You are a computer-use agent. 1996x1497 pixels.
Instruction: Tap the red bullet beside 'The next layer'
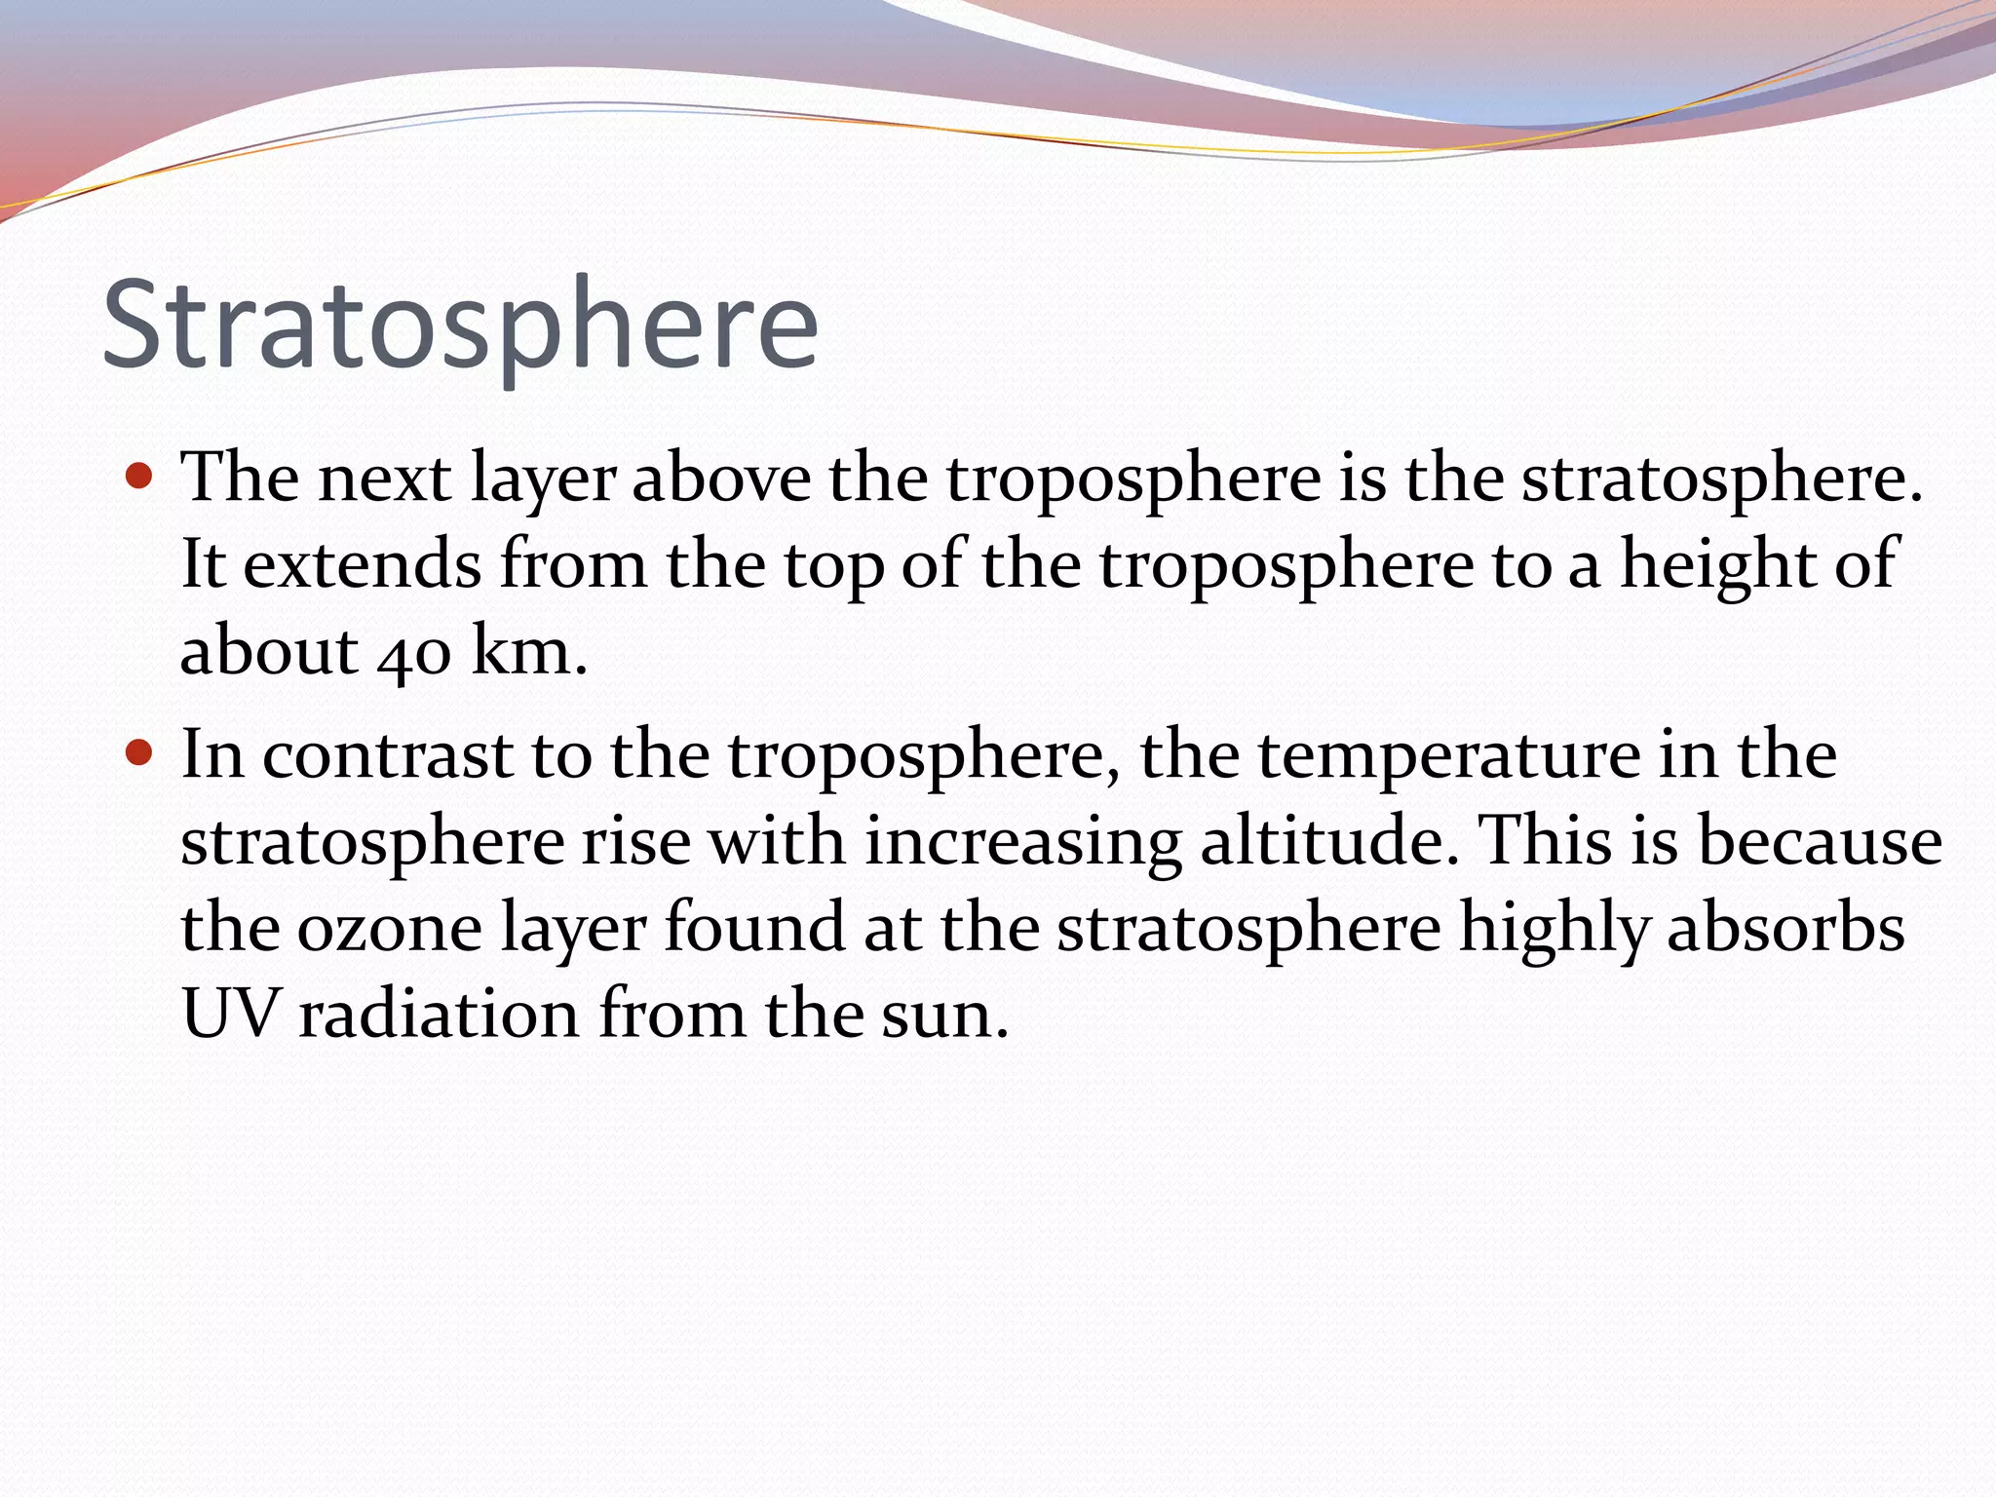[140, 477]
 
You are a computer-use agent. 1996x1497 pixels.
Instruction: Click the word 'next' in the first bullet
[385, 479]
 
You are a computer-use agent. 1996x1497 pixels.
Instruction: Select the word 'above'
[721, 479]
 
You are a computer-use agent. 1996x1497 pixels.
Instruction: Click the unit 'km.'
[529, 651]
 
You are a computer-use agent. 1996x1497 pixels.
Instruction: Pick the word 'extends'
[362, 565]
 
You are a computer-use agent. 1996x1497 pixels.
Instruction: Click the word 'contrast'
[387, 755]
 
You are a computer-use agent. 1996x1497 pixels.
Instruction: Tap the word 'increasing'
[1023, 843]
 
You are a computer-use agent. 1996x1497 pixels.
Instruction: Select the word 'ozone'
[389, 929]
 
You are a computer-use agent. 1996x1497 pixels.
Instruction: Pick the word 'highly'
[1554, 929]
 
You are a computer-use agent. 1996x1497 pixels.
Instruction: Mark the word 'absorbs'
[1785, 927]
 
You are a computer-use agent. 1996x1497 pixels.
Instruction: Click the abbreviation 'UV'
[231, 1014]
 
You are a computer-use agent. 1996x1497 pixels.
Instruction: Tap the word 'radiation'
[439, 1014]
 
